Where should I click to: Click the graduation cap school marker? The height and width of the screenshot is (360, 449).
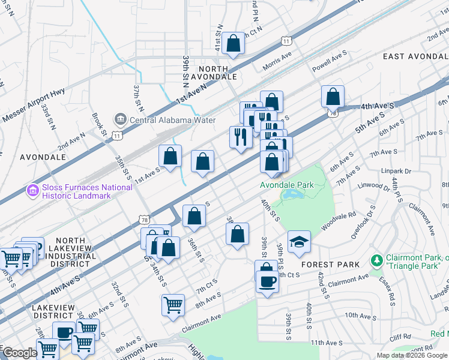coord(299,242)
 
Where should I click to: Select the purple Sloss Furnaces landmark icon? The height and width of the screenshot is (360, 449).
coord(32,191)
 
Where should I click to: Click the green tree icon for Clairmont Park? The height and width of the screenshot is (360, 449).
coord(376,260)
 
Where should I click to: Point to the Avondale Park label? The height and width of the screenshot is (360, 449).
coord(286,185)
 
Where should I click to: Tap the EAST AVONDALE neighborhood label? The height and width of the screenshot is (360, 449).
coord(415,56)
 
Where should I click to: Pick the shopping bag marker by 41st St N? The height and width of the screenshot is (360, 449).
coord(233,44)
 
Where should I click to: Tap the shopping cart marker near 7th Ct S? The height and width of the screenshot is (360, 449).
coord(173,304)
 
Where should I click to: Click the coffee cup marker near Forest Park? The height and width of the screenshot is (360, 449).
coord(267,281)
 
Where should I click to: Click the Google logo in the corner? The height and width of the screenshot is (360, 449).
coord(20,353)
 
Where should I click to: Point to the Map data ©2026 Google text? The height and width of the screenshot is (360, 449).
coord(412,355)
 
